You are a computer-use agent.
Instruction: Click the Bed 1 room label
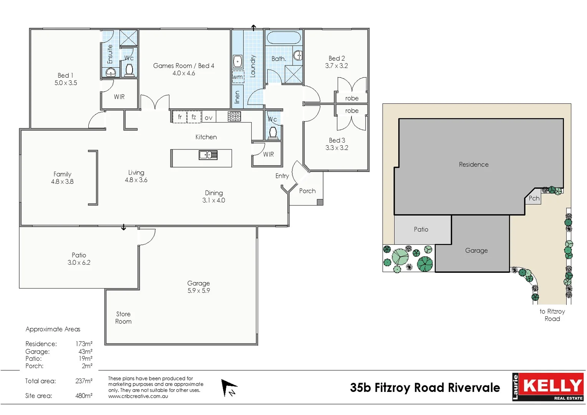click(x=65, y=76)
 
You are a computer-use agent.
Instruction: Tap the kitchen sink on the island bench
click(x=208, y=155)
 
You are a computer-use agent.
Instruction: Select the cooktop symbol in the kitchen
click(x=234, y=116)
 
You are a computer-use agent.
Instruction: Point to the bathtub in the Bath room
click(x=284, y=38)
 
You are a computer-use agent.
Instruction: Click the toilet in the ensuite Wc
click(x=129, y=70)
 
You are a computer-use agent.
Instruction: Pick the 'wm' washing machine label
click(x=238, y=77)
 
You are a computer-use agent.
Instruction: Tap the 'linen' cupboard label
click(x=237, y=97)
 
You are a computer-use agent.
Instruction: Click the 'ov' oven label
click(x=209, y=118)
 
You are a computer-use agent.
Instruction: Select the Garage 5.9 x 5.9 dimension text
click(x=199, y=291)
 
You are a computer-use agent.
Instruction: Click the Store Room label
click(x=123, y=318)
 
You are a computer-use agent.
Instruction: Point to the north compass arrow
click(x=229, y=387)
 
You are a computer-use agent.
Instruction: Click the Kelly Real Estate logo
click(x=548, y=387)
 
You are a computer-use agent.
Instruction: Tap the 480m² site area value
click(x=84, y=396)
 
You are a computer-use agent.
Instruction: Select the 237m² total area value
click(x=84, y=381)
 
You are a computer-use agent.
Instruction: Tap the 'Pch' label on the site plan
click(x=534, y=198)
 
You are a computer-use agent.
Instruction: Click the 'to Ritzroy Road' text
click(x=552, y=315)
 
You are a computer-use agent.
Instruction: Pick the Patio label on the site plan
click(x=421, y=229)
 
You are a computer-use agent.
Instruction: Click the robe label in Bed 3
click(x=352, y=111)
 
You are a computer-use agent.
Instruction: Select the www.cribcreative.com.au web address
click(x=138, y=397)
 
